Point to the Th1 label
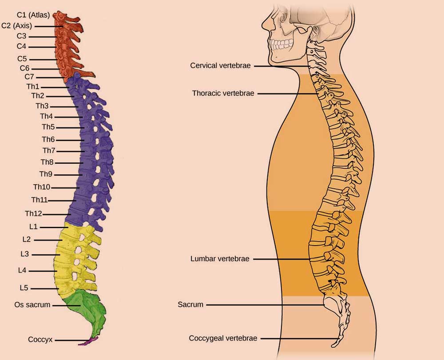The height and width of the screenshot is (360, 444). [33, 87]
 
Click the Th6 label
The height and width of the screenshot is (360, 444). [48, 139]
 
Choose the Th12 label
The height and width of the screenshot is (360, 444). [33, 214]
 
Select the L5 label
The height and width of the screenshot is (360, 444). [24, 288]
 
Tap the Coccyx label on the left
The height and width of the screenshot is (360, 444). [40, 340]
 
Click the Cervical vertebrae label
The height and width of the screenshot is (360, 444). [221, 66]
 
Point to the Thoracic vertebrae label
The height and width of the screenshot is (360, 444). [223, 94]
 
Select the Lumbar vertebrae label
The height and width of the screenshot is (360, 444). [220, 258]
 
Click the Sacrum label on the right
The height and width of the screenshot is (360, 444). [190, 305]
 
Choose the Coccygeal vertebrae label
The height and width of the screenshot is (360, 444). [223, 338]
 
